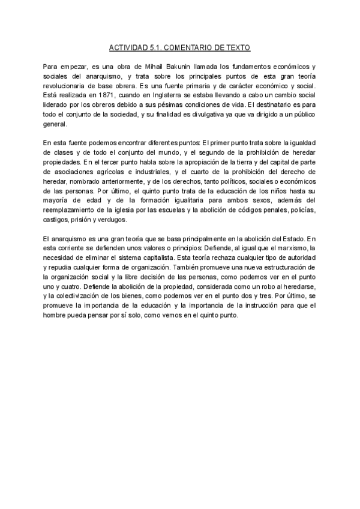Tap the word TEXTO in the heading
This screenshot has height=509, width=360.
239,47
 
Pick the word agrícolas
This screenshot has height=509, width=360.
107,172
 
